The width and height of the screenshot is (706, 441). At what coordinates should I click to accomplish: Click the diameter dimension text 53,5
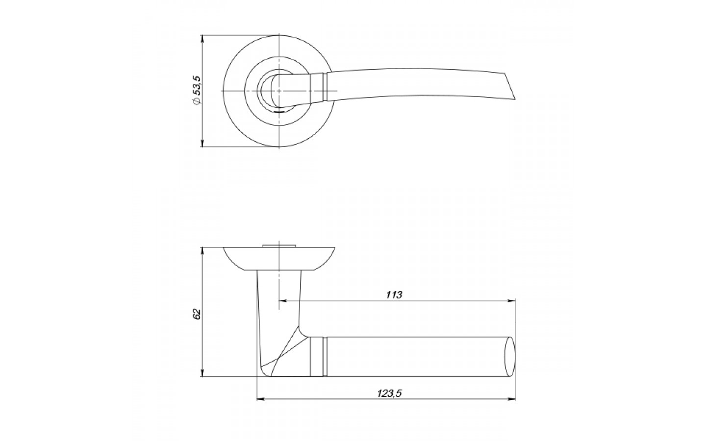click(x=197, y=86)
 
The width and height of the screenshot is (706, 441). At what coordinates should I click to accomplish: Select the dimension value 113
click(x=394, y=295)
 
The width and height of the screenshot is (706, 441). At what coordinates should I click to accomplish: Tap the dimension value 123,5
click(x=390, y=393)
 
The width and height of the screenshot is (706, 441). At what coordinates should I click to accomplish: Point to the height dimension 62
click(x=197, y=315)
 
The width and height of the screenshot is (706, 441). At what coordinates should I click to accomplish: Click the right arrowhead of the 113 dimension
click(x=511, y=301)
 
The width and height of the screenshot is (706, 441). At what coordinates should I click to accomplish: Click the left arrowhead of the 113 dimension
click(x=283, y=301)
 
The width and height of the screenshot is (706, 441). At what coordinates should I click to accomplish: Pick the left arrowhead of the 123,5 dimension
click(x=261, y=399)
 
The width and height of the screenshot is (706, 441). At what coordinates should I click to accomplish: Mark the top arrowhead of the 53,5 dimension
click(x=202, y=39)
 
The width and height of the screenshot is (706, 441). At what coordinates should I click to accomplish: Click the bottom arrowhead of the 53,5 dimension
click(x=202, y=143)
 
